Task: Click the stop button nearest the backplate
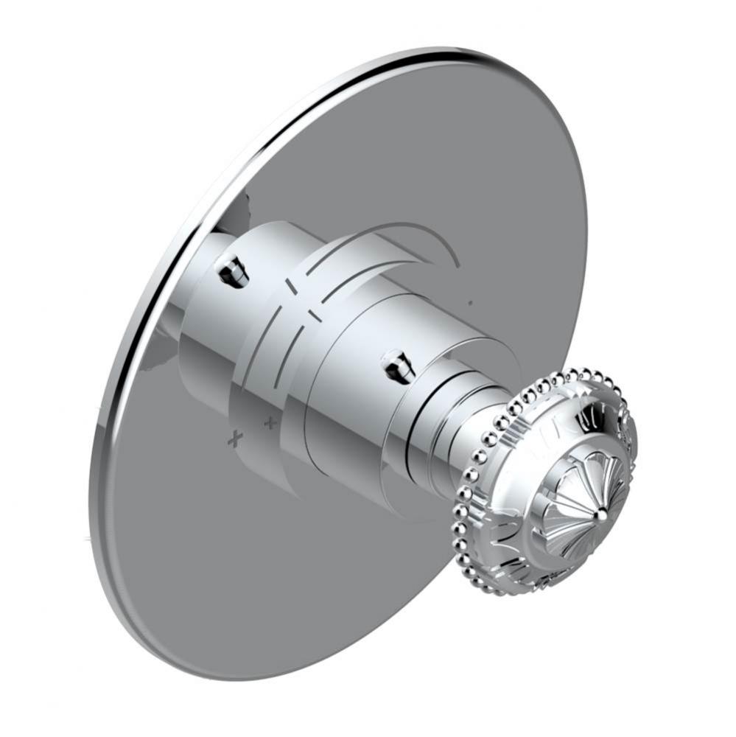[233, 270]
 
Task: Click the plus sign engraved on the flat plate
[235, 439]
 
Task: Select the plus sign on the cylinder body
[270, 423]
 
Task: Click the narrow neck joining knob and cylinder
[472, 435]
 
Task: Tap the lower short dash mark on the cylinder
[315, 315]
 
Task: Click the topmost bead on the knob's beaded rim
[586, 371]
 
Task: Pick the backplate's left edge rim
[103, 442]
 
